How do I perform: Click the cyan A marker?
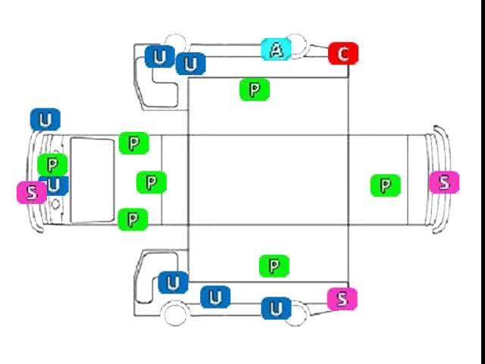click(276, 49)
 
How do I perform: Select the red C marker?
click(343, 54)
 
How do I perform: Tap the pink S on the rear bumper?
click(444, 182)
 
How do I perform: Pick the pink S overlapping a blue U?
click(32, 193)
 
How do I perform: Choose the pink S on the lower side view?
click(343, 299)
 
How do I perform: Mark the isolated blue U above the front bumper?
click(45, 120)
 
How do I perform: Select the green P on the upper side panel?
click(255, 89)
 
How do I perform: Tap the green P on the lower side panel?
click(274, 266)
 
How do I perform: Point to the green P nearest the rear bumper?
click(386, 185)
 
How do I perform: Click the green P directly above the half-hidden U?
click(52, 165)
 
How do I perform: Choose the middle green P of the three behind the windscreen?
click(152, 183)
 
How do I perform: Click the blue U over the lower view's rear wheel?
click(276, 309)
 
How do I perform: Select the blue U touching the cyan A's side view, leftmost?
click(160, 56)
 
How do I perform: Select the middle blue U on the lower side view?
click(215, 297)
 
